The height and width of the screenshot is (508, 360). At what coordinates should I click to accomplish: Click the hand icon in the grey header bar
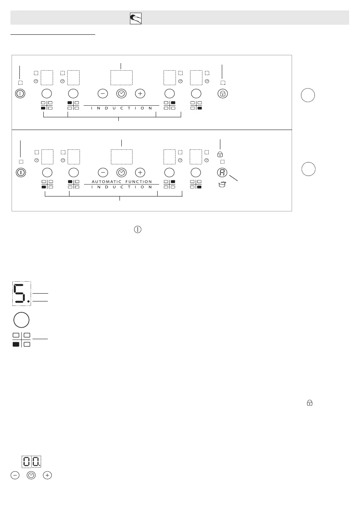point(136,18)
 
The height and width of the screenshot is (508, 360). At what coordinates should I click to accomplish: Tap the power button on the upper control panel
point(20,94)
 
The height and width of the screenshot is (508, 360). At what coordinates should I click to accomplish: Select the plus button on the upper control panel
point(140,94)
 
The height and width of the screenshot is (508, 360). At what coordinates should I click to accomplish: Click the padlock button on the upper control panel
point(223,94)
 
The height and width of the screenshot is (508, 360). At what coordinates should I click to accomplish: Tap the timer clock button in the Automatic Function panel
point(121,173)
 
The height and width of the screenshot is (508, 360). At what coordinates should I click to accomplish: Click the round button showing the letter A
point(222,173)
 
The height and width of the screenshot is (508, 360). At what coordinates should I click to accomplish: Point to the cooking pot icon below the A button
point(222,184)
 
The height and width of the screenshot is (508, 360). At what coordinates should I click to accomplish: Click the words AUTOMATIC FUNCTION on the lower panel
point(122,182)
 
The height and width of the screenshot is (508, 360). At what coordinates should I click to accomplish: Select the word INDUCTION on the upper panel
point(122,108)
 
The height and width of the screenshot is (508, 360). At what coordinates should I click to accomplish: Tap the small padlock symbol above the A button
point(220,154)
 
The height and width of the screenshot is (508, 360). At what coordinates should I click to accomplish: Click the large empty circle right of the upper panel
point(308,95)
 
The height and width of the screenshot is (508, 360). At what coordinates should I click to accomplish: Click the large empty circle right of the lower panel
point(308,169)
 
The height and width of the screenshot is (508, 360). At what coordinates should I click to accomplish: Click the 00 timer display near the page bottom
point(31,462)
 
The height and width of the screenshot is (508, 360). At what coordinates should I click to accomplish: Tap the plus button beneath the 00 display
point(47,476)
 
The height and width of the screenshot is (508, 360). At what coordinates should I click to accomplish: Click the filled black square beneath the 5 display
point(16,344)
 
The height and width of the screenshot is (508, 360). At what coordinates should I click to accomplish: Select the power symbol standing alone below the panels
point(138,230)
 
